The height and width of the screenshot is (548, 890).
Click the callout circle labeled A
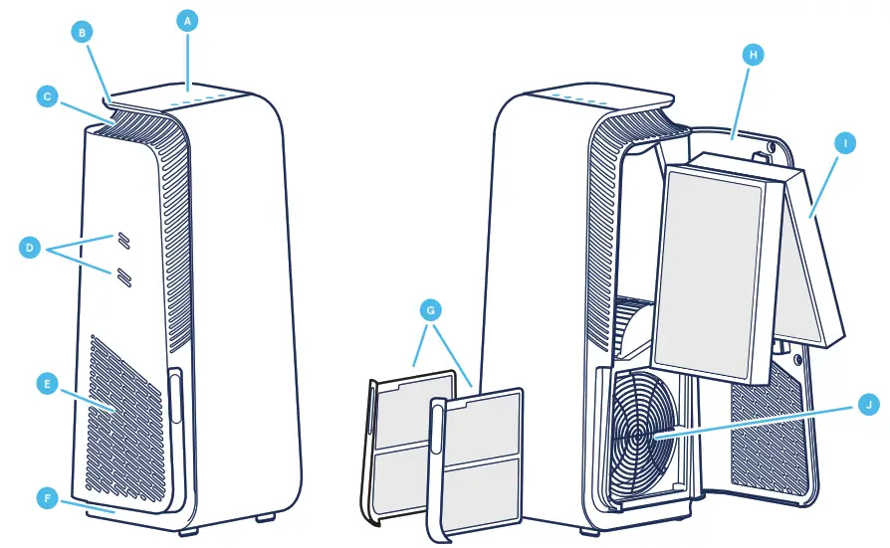click(x=185, y=19)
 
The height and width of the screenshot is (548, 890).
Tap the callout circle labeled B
click(x=84, y=32)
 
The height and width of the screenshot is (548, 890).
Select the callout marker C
click(x=46, y=96)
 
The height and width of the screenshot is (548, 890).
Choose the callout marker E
click(x=46, y=382)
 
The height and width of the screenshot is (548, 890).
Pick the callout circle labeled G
click(x=430, y=311)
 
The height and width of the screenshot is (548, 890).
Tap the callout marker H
click(x=753, y=56)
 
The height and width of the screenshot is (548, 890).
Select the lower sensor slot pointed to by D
click(x=123, y=275)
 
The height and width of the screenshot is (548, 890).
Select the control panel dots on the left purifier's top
click(x=204, y=99)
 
